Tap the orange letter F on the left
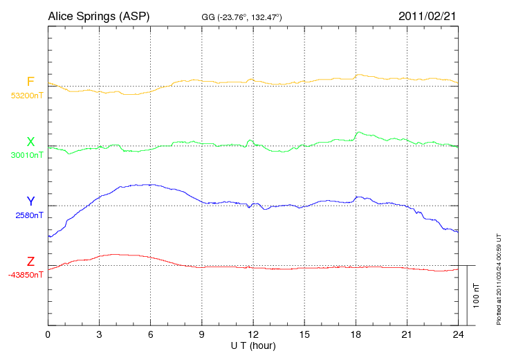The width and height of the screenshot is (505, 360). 30,82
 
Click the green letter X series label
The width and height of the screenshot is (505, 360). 30,142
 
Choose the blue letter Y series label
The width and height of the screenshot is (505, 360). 30,201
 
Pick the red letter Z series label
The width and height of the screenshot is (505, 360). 30,262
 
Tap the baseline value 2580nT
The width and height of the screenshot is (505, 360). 29,215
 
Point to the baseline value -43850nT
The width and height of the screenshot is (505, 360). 26,275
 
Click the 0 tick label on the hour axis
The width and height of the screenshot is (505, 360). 48,335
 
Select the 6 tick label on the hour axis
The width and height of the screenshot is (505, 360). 151,335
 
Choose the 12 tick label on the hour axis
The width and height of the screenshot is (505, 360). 253,335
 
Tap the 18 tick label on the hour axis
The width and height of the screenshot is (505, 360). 356,335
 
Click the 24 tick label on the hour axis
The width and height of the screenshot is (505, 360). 458,335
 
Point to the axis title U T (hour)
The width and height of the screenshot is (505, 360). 253,345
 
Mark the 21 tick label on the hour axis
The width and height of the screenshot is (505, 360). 407,335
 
